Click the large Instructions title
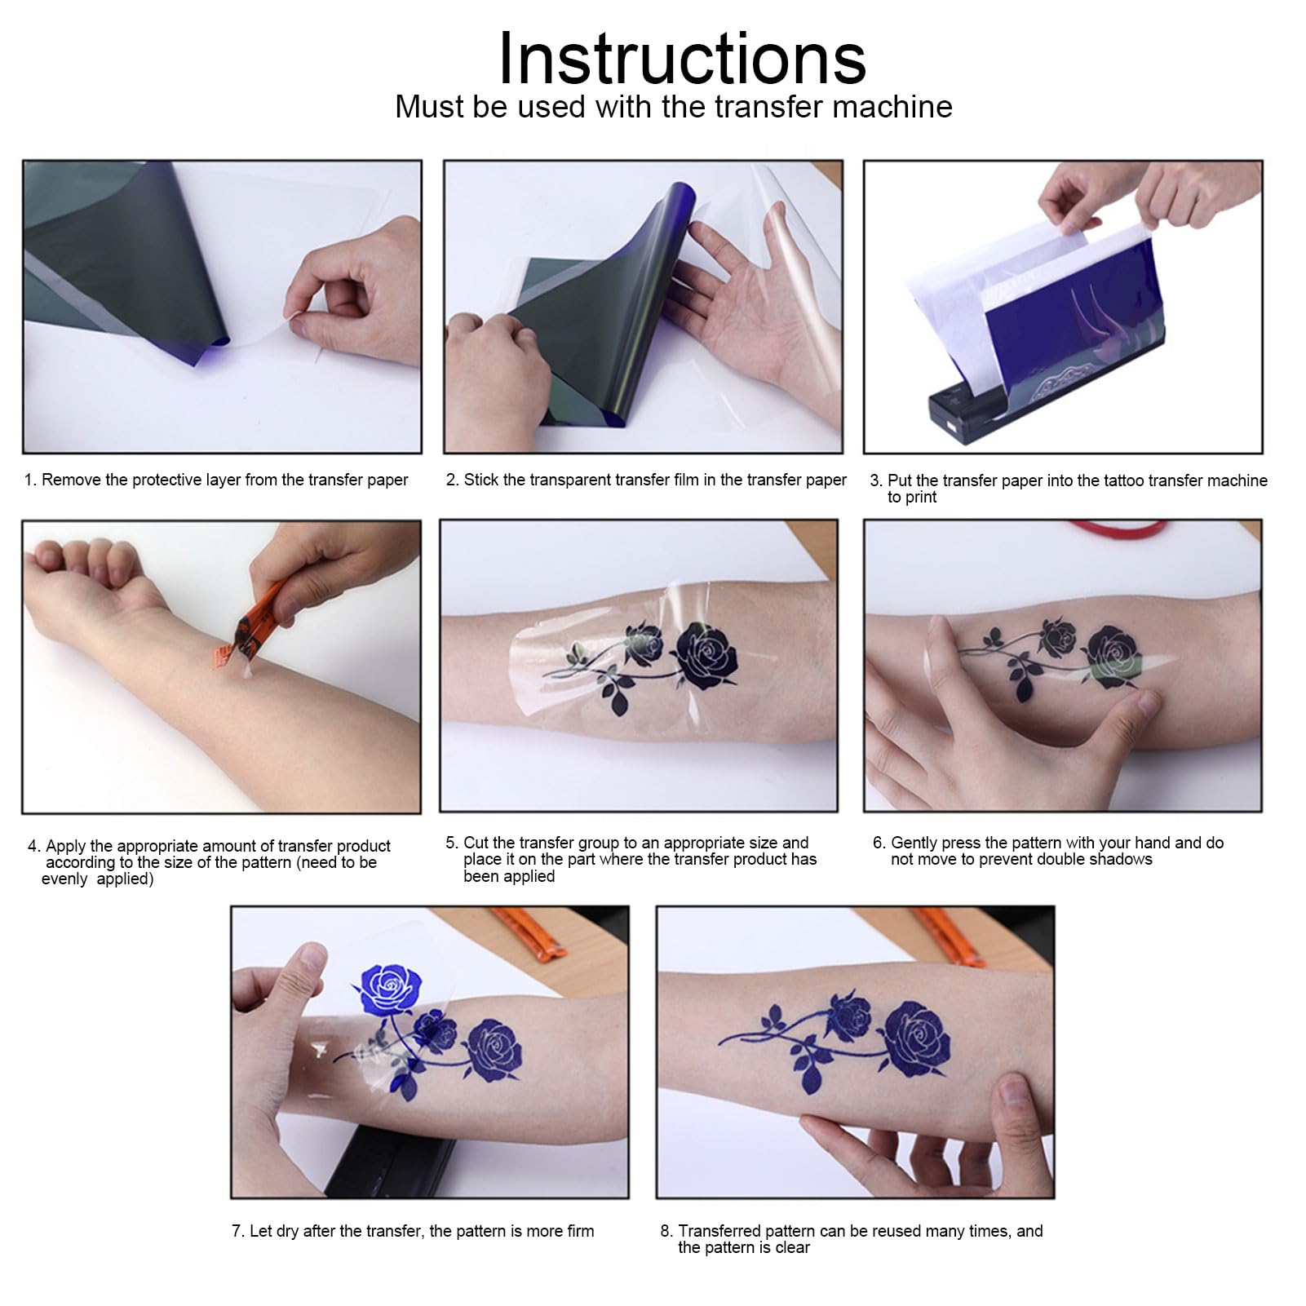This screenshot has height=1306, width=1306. pos(681,59)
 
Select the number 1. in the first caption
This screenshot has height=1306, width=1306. pos(30,480)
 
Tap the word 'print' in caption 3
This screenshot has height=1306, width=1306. pos(919,498)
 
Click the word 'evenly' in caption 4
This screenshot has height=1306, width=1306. pos(64,879)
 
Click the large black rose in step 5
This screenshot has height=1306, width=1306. pos(707,654)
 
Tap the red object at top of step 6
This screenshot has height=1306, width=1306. pos(1118,529)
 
